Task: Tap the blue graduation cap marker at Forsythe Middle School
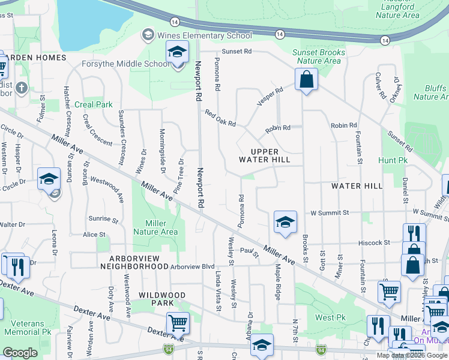[177, 53]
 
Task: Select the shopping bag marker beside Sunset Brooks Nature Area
[306, 79]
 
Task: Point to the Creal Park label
[94, 104]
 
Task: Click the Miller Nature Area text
[155, 227]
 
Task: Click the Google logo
[20, 352]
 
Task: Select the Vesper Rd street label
[270, 98]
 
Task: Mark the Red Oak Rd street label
[220, 118]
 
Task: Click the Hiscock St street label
[373, 242]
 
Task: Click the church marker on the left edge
[22, 88]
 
